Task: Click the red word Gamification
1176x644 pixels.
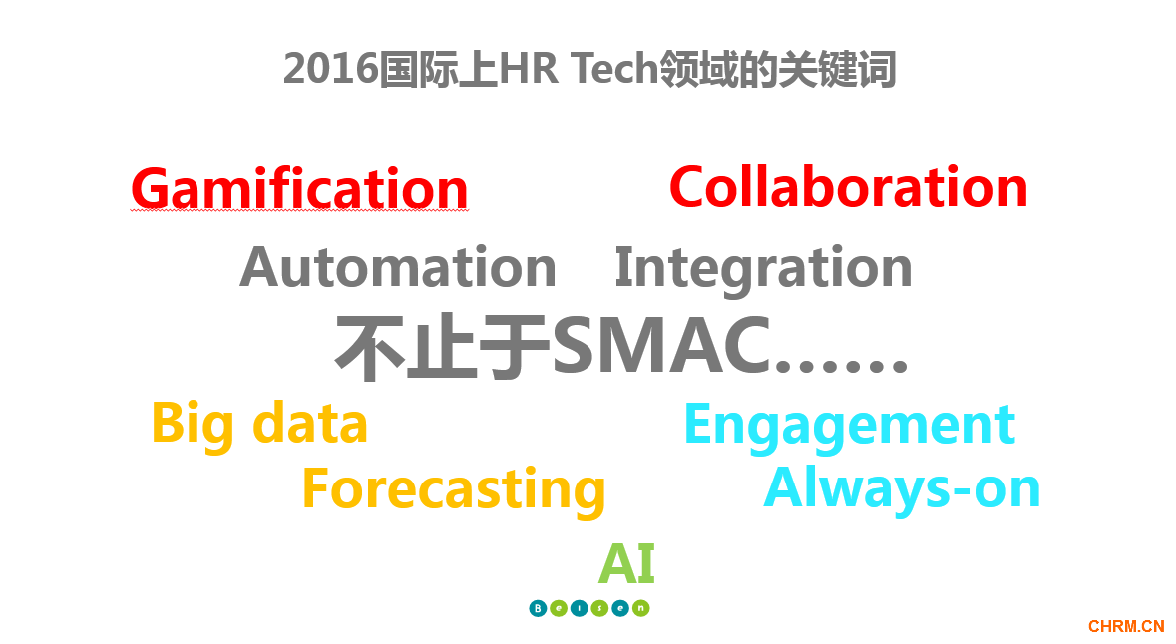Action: pyautogui.click(x=299, y=189)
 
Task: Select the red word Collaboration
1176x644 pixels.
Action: pyautogui.click(x=848, y=186)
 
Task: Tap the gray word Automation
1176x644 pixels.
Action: pyautogui.click(x=398, y=267)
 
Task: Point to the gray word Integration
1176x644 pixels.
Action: pyautogui.click(x=763, y=268)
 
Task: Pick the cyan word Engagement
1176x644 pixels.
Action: pyautogui.click(x=850, y=426)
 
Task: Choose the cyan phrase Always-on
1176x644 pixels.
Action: pyautogui.click(x=902, y=489)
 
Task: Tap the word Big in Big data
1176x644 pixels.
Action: pyautogui.click(x=194, y=425)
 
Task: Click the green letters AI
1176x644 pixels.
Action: pyautogui.click(x=627, y=563)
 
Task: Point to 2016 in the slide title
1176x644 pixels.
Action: pyautogui.click(x=331, y=69)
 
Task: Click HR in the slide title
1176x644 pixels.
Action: pyautogui.click(x=528, y=69)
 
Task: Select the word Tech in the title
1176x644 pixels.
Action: pyautogui.click(x=613, y=69)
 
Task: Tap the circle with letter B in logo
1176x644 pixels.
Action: pyautogui.click(x=538, y=608)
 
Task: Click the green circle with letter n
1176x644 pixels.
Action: pyautogui.click(x=640, y=608)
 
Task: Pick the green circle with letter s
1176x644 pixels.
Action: pyautogui.click(x=599, y=608)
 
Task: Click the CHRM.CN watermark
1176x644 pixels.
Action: pyautogui.click(x=1126, y=626)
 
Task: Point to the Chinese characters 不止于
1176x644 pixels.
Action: pyautogui.click(x=443, y=346)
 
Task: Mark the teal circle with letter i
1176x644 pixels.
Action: pyautogui.click(x=579, y=608)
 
